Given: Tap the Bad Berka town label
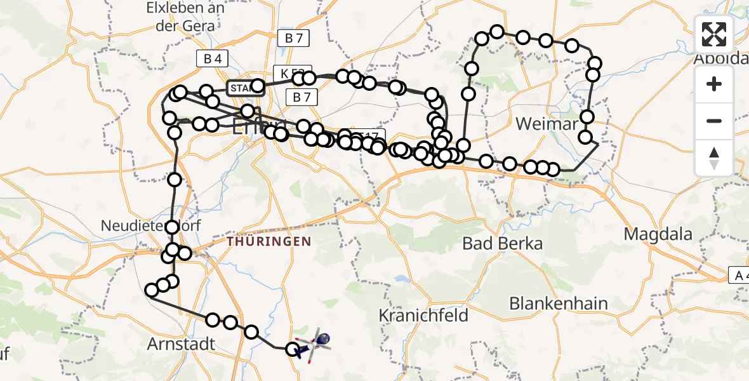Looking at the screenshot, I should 503,243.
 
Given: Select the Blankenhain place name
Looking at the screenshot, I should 559,303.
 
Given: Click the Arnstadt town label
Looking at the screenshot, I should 182,344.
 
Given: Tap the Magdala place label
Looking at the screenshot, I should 658,234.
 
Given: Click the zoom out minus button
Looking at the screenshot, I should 714,121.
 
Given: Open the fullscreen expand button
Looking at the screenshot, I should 714,34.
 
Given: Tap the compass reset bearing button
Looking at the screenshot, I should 714,158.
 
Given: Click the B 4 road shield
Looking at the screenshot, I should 211,59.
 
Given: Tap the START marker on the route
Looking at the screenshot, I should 241,88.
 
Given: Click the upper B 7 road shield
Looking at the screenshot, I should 293,38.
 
